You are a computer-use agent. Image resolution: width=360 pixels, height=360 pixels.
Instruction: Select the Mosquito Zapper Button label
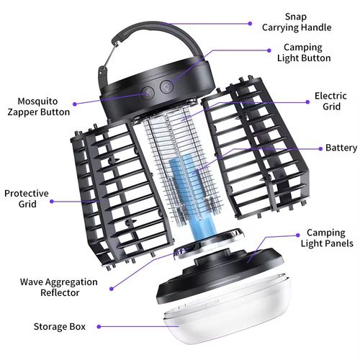coord(39,107)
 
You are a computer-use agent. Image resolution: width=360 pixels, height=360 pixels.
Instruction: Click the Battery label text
coord(341,148)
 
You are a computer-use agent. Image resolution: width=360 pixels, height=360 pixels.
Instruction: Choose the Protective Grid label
coord(27,198)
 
